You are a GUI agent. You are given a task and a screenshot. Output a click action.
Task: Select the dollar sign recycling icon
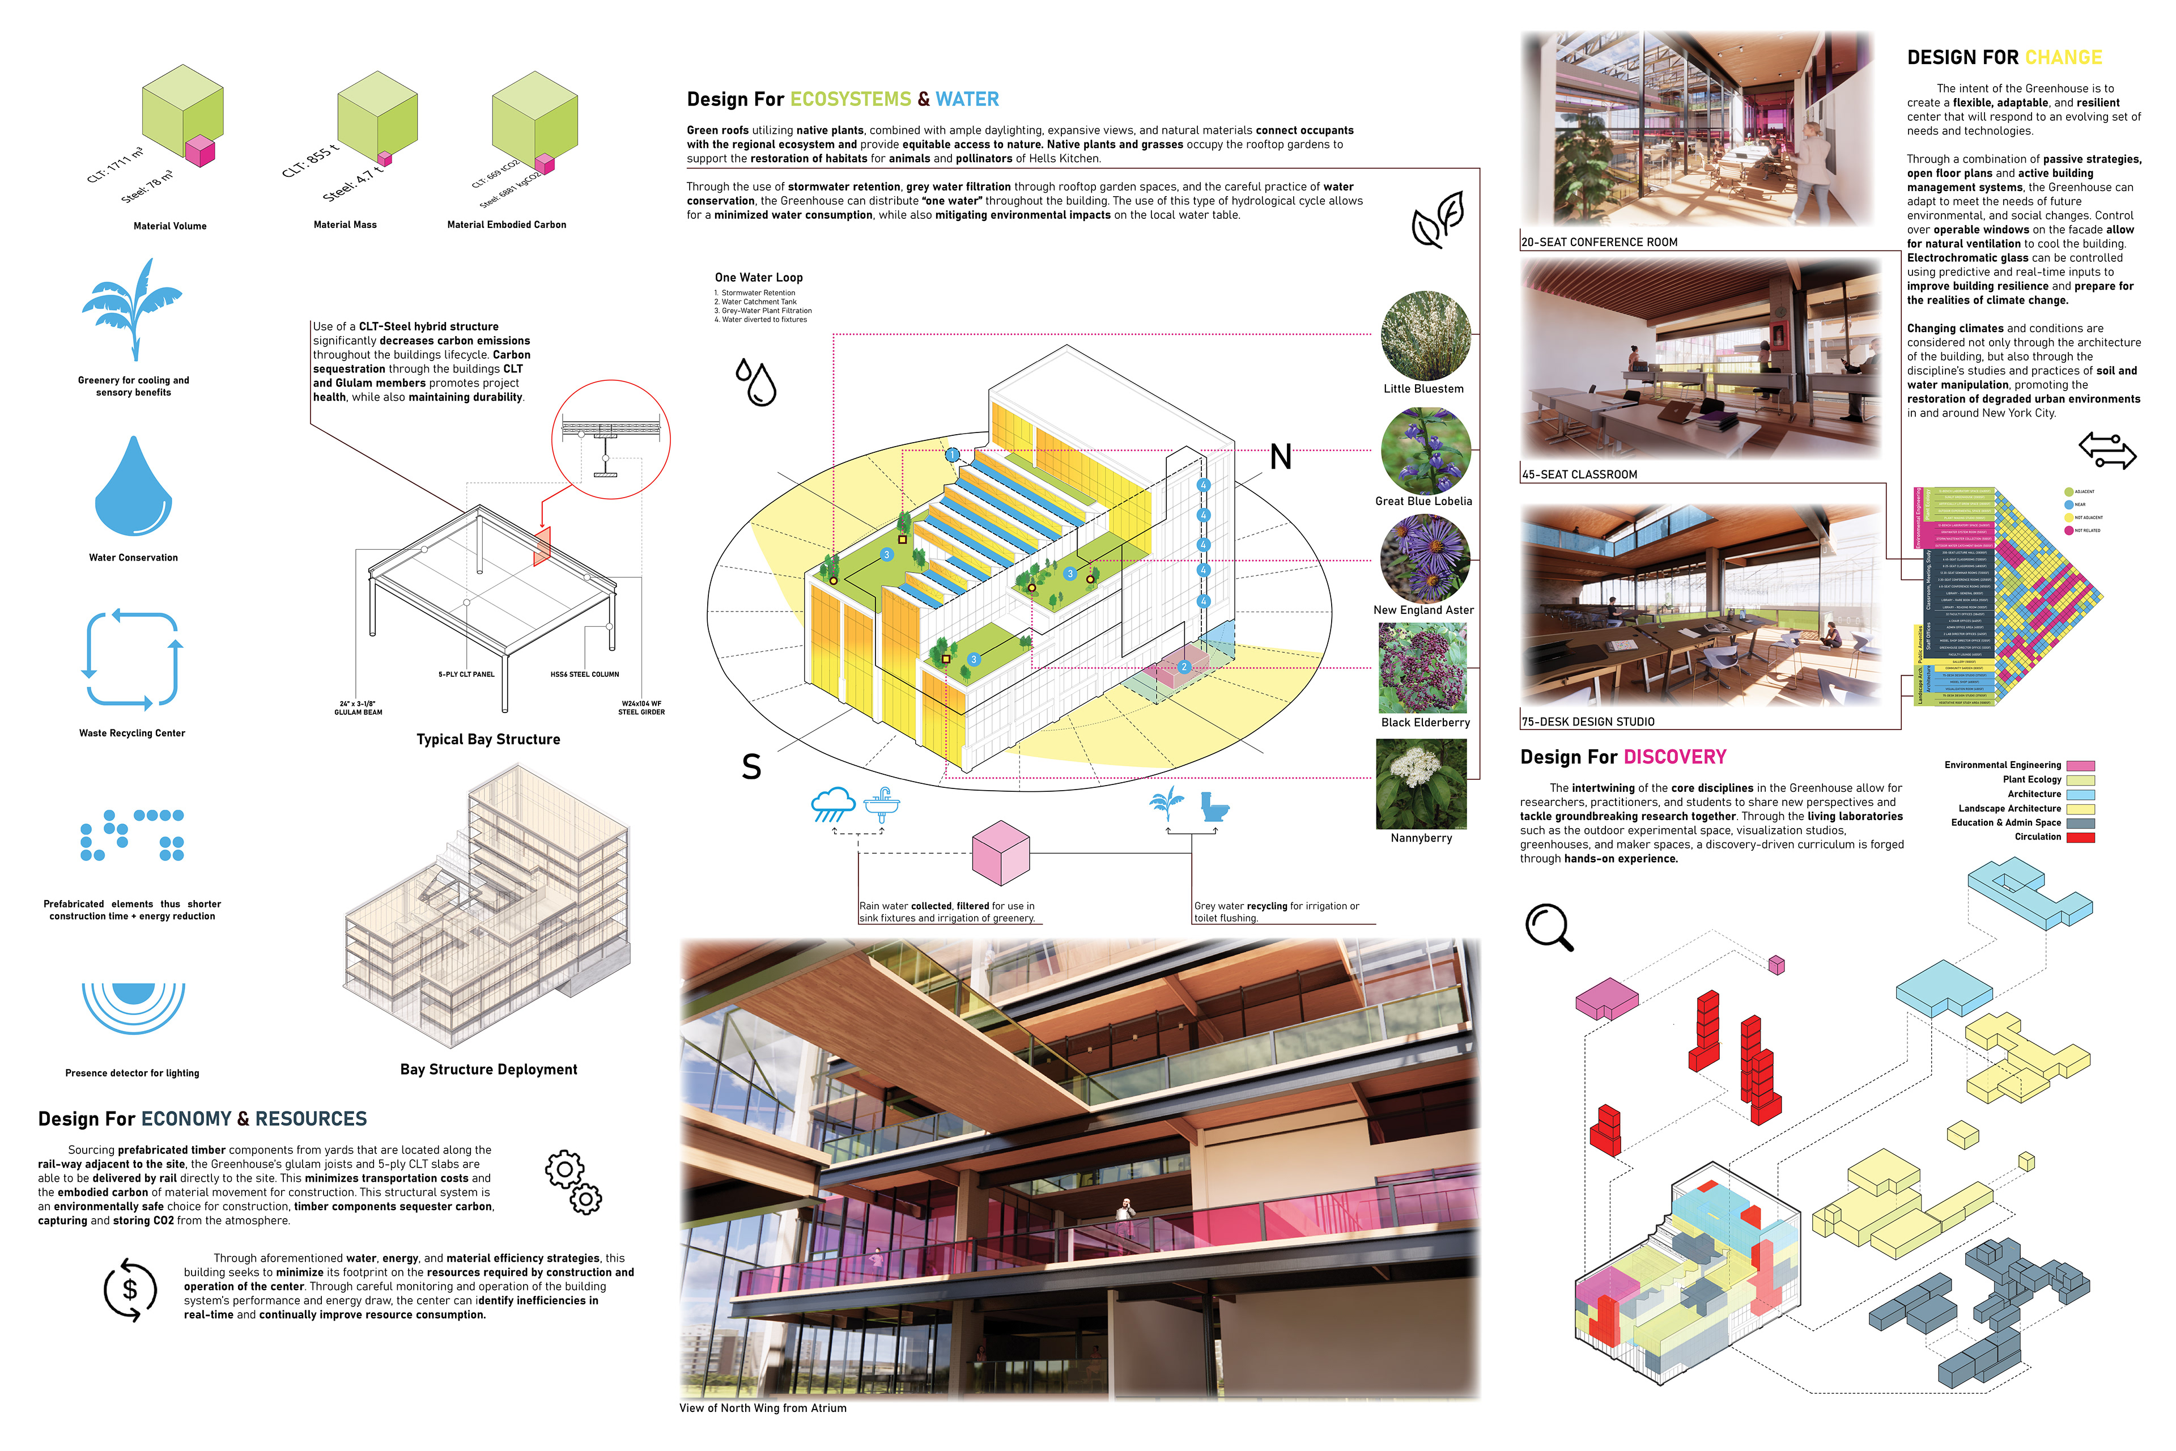pos(130,1289)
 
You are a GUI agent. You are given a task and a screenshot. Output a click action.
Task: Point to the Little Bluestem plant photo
pos(1425,335)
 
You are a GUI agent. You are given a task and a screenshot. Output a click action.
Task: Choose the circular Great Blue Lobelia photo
pos(1425,451)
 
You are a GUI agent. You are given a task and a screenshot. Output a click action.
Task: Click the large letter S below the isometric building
pos(751,767)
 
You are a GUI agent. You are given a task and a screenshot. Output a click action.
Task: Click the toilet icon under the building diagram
pos(1214,807)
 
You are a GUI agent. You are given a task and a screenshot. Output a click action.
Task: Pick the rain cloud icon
pos(832,804)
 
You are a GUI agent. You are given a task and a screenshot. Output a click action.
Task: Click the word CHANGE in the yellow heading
pos(2063,57)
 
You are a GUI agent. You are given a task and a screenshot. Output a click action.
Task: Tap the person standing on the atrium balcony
pos(1125,1210)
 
